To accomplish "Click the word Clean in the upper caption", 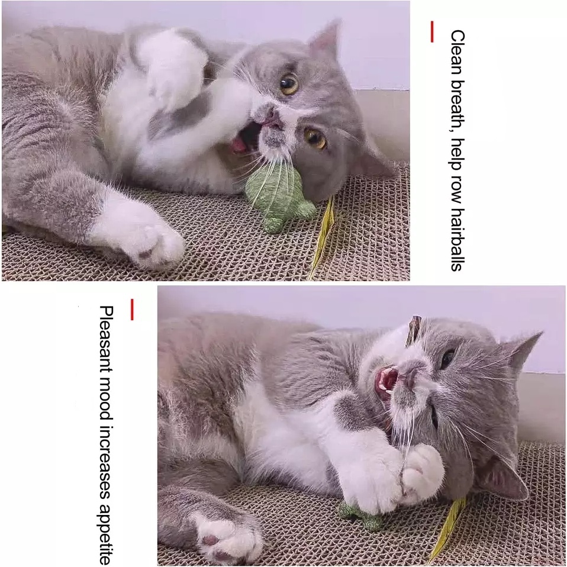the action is click(x=457, y=53).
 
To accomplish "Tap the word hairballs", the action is click(x=457, y=239).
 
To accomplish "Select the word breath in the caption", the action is click(x=457, y=105).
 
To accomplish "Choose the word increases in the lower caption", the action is click(x=107, y=461).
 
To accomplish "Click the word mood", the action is click(x=107, y=398).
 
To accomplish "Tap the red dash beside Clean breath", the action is click(x=431, y=32).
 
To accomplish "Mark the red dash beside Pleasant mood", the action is click(x=132, y=310).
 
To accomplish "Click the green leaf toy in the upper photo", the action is click(x=278, y=197).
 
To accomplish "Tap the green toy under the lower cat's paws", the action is click(x=360, y=516).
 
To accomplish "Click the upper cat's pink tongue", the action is click(x=239, y=144).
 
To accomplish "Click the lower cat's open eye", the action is click(x=448, y=357).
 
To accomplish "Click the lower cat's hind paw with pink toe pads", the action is click(x=228, y=542).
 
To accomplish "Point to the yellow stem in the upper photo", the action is click(x=323, y=237).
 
